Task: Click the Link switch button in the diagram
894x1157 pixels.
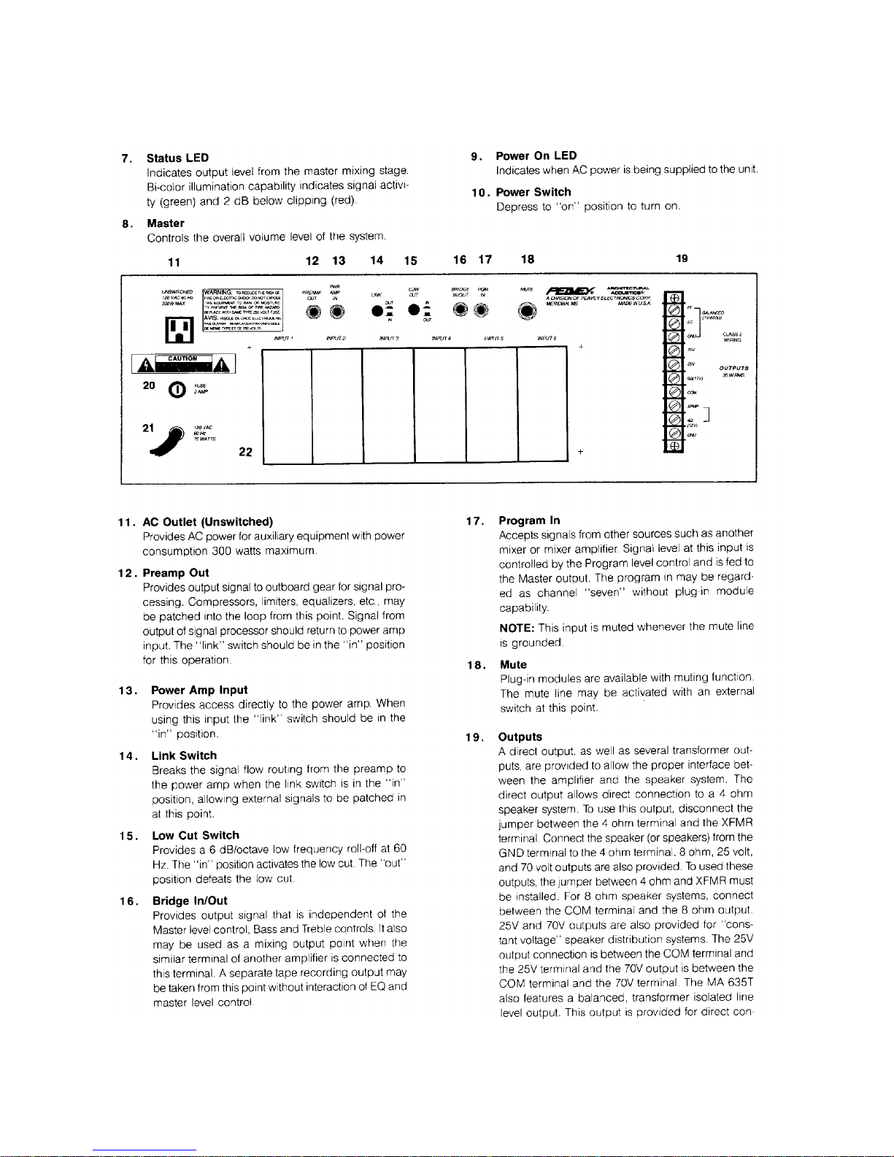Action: coord(377,310)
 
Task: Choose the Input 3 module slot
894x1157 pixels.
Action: coord(388,405)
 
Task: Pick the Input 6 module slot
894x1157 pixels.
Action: coord(542,405)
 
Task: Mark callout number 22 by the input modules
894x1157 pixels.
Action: coord(246,452)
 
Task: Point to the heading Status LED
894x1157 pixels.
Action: coord(177,158)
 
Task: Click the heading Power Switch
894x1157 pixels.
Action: coord(533,192)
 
